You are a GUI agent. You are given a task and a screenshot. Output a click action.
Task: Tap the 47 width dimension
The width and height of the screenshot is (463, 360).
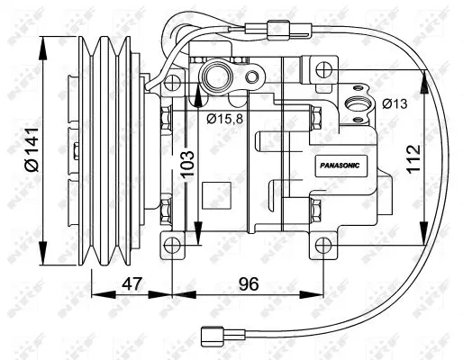point(131,284)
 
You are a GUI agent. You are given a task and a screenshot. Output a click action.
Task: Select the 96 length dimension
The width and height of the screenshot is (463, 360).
point(248,284)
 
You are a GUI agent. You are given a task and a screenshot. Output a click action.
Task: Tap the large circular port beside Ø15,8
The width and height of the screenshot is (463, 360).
point(218,75)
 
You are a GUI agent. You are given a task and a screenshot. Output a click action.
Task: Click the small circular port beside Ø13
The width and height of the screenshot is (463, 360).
point(360,103)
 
